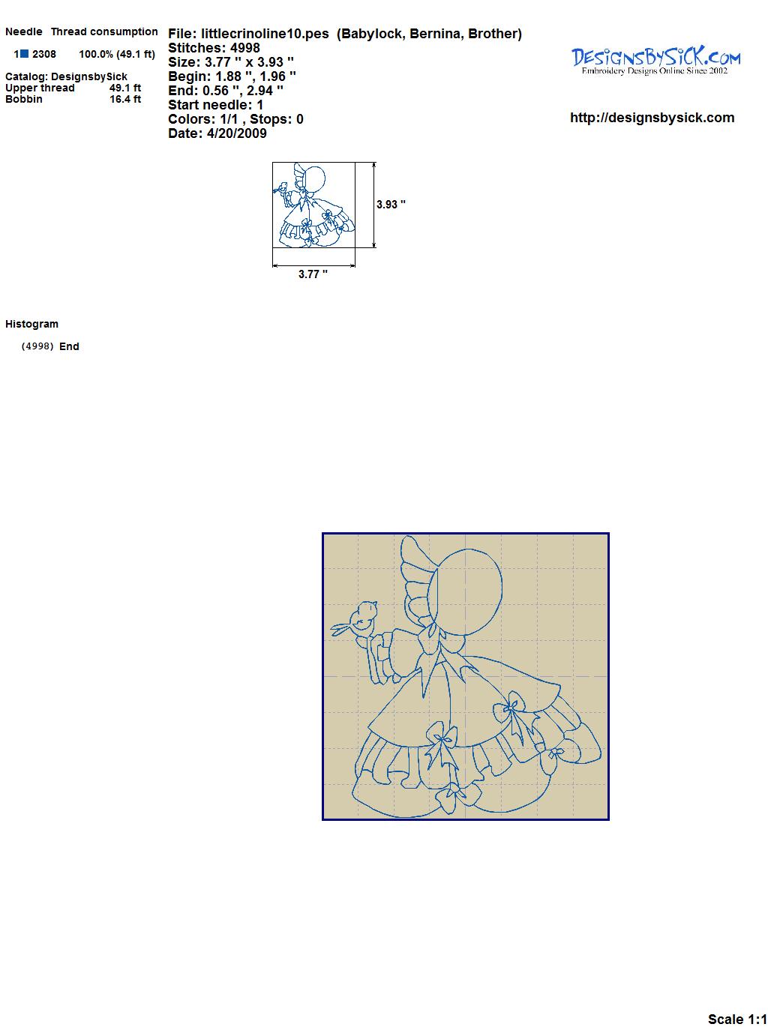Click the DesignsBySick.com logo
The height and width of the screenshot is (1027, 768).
tap(655, 61)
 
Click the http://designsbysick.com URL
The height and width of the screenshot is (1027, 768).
tap(652, 118)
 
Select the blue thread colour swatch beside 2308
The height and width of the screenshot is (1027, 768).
tap(24, 54)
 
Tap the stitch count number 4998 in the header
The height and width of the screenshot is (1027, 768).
tap(245, 48)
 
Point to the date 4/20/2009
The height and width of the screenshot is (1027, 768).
tap(237, 133)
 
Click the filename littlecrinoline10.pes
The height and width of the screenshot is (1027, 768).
tap(265, 34)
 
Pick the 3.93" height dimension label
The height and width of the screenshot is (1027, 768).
tap(391, 204)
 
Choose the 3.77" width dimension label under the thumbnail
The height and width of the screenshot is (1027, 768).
tap(313, 274)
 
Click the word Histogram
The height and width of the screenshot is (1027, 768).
tap(31, 324)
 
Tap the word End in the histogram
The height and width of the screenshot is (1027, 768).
tap(69, 346)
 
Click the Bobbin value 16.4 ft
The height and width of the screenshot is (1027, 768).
tap(125, 99)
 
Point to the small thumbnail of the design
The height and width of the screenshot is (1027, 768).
tap(313, 205)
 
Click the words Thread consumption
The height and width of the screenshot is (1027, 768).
tap(104, 31)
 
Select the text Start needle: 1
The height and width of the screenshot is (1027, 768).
tap(216, 105)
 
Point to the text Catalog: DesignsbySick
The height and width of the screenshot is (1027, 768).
tap(66, 76)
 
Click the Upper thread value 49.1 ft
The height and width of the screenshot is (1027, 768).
tap(125, 88)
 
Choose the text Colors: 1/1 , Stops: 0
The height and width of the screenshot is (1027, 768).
tap(236, 119)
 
